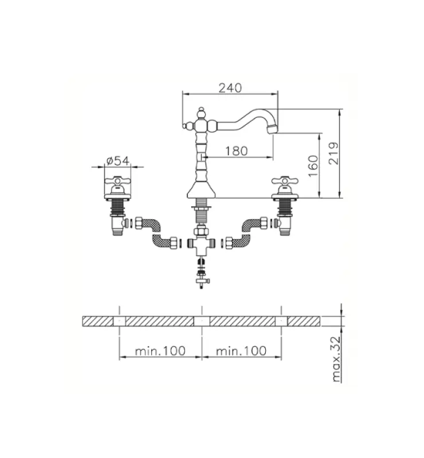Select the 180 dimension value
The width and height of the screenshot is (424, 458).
click(x=236, y=151)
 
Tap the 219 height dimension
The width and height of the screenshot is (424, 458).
click(x=334, y=153)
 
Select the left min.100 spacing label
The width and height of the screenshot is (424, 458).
click(x=160, y=351)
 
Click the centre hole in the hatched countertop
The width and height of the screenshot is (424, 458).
click(x=201, y=321)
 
